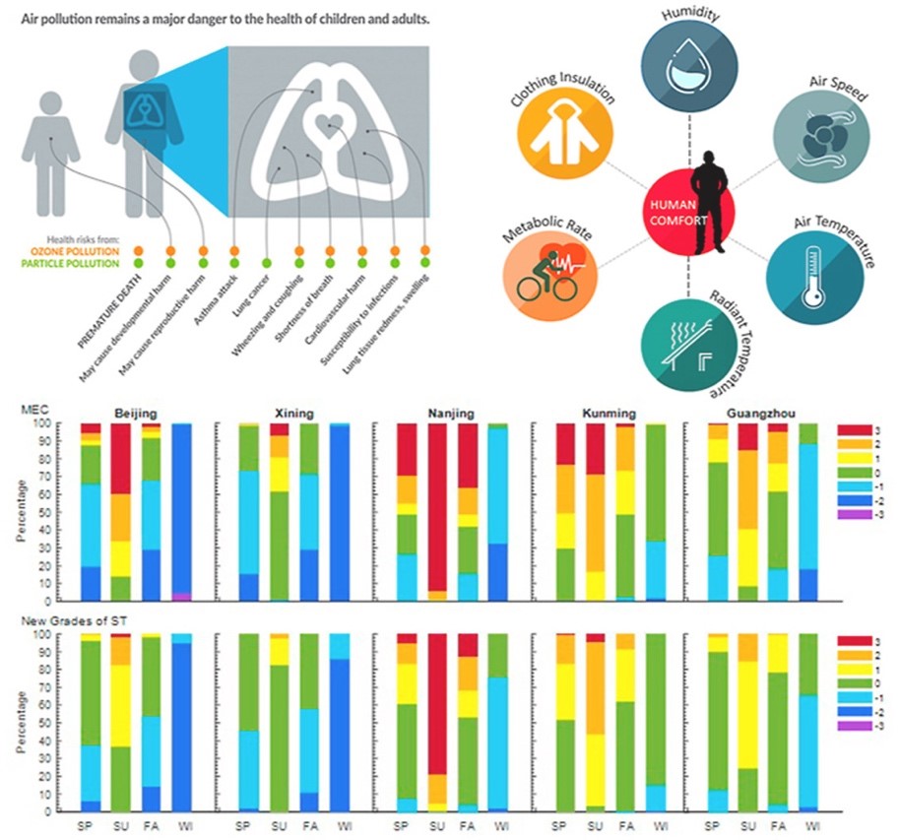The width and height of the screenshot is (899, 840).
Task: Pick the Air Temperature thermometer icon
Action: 811,273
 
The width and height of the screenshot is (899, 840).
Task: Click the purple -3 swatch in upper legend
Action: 852,513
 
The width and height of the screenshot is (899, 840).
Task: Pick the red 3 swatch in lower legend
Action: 852,641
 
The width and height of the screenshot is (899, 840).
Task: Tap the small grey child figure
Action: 50,138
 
